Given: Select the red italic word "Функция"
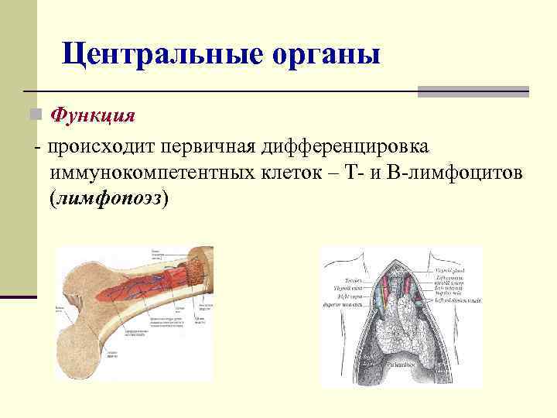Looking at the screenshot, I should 93,115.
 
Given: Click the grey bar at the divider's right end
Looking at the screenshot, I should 473,91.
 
